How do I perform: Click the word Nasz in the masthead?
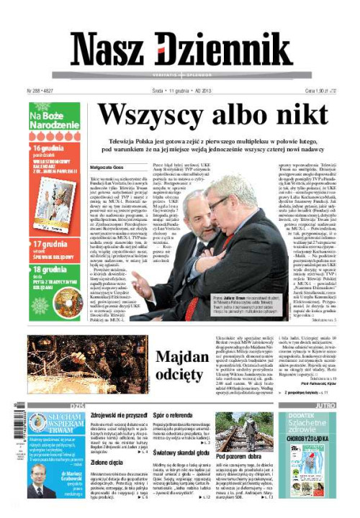point(107,50)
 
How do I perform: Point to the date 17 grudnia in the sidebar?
point(49,244)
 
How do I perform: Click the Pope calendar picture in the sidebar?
point(54,204)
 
